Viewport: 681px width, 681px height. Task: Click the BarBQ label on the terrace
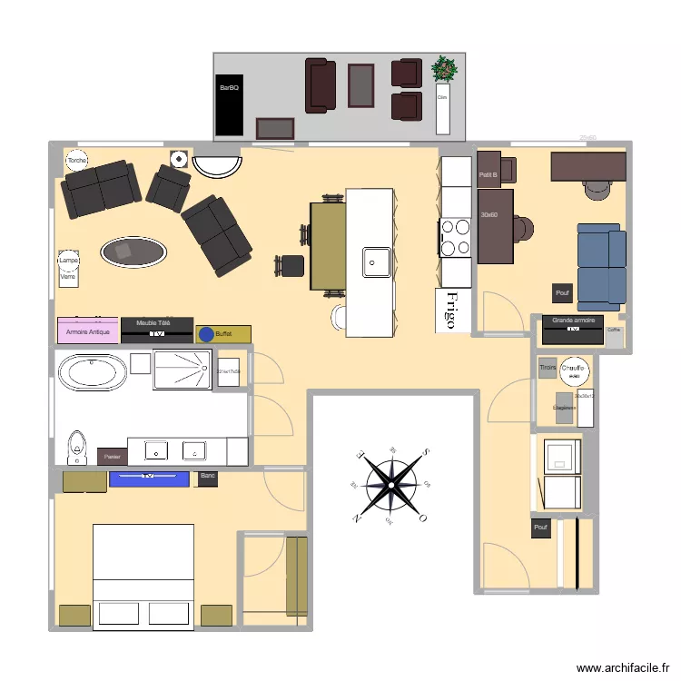228,88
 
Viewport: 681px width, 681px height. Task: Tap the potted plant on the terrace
444,69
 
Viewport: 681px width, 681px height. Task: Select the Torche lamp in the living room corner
77,161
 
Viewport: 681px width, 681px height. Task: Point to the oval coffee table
134,252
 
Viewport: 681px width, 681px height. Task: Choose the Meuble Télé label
153,322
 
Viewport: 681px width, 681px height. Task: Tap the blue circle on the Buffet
206,334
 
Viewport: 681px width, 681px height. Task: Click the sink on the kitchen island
377,262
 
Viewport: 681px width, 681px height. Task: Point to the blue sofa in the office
601,264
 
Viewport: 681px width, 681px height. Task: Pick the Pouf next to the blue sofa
562,292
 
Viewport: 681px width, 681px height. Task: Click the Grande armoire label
573,321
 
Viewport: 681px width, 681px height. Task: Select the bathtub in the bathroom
92,372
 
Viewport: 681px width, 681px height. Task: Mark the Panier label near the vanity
112,456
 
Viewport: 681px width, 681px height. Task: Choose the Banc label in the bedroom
207,476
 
